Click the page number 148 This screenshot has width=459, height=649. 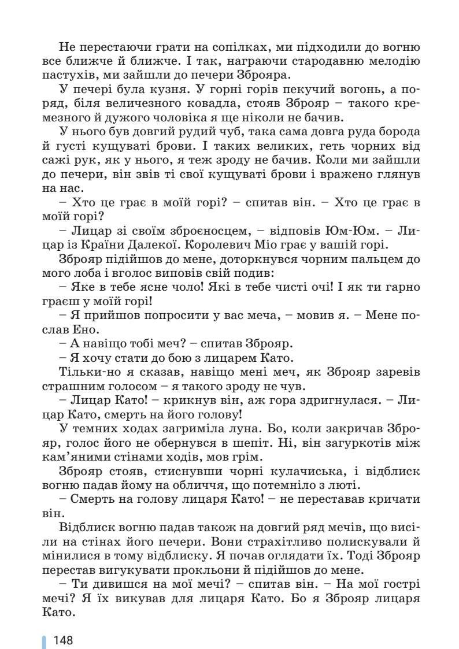coord(63,640)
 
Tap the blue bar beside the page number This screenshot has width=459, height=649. coord(44,640)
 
